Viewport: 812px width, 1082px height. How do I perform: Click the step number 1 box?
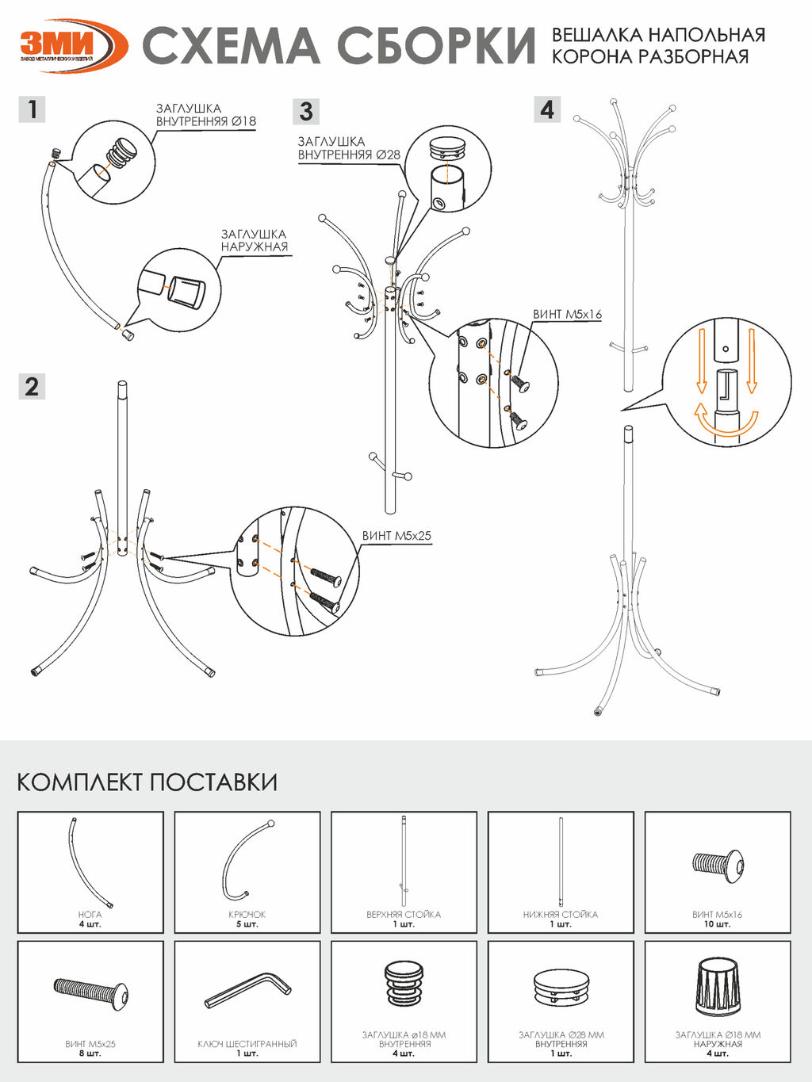click(32, 109)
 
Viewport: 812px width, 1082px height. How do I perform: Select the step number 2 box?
click(32, 386)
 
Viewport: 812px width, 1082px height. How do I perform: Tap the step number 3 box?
click(307, 112)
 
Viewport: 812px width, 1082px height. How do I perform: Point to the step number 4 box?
click(547, 109)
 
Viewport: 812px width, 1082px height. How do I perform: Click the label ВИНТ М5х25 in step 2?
click(396, 536)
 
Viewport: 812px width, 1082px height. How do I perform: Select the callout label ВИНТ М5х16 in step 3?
click(567, 315)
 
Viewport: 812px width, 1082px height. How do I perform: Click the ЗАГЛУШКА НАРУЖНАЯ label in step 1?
click(254, 240)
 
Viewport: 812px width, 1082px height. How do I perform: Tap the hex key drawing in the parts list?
click(247, 990)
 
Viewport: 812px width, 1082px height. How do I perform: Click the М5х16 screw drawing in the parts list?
click(718, 865)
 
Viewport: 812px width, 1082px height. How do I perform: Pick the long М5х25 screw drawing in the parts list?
click(91, 992)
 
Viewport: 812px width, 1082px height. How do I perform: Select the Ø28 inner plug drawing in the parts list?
click(561, 987)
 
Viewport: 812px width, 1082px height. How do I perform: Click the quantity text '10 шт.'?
click(718, 924)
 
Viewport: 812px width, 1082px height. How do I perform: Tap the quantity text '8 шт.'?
click(90, 1053)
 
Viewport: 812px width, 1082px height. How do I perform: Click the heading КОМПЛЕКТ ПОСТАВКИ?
click(147, 782)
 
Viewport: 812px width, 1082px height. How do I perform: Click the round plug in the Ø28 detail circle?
click(448, 147)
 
